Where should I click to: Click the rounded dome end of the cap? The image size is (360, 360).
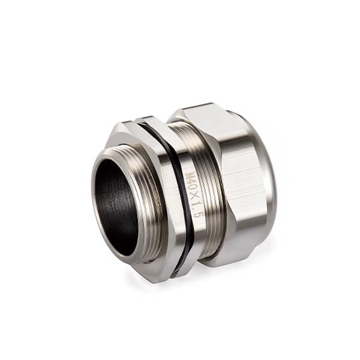point(267,180)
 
